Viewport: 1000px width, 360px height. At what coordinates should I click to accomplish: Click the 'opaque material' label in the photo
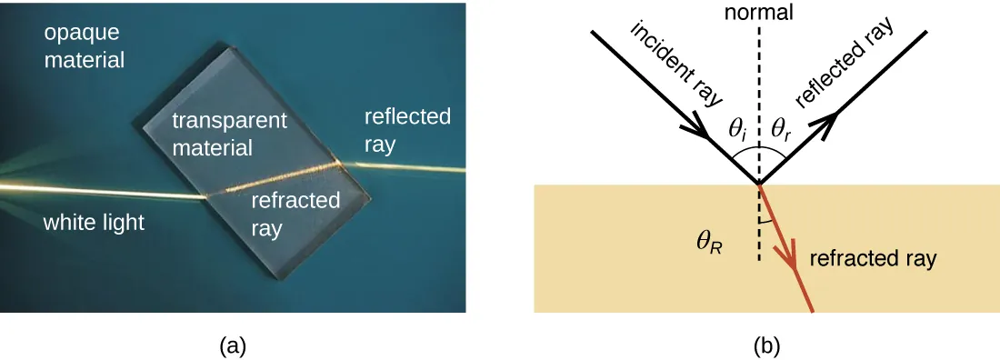(76, 48)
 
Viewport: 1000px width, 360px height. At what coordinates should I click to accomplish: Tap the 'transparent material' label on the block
(230, 133)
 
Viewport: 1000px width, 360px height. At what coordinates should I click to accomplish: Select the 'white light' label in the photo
(94, 223)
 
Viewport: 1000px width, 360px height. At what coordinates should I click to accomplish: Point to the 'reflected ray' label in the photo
(407, 130)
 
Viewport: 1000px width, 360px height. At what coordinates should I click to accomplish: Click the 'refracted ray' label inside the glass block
(295, 215)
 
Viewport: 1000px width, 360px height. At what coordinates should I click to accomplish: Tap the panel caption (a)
(233, 345)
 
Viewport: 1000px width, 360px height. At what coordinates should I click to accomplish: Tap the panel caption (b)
(766, 345)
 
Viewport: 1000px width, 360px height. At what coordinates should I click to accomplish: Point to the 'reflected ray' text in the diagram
(845, 63)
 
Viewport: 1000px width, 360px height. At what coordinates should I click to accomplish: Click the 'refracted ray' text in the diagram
(872, 258)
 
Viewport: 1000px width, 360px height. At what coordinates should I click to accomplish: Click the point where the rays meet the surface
(759, 185)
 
